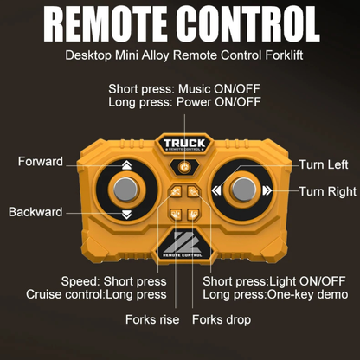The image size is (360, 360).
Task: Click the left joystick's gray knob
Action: click(125, 190)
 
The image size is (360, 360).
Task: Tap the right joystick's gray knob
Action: click(244, 190)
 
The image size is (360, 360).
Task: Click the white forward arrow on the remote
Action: click(126, 165)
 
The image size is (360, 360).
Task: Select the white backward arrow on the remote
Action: click(126, 215)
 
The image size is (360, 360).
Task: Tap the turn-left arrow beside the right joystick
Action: click(216, 190)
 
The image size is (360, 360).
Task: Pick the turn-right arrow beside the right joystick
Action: click(267, 190)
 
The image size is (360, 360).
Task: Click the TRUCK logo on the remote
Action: click(184, 144)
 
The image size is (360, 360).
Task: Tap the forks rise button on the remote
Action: click(176, 214)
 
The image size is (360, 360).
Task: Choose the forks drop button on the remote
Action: click(193, 214)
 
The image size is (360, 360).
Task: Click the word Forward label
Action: click(41, 161)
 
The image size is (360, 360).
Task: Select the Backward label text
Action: click(35, 212)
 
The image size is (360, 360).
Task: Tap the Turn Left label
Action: click(324, 164)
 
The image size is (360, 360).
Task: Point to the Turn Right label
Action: click(328, 191)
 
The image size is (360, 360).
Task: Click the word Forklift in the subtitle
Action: click(284, 55)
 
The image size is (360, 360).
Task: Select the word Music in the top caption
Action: click(195, 89)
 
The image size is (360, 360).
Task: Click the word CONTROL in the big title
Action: click(248, 24)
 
